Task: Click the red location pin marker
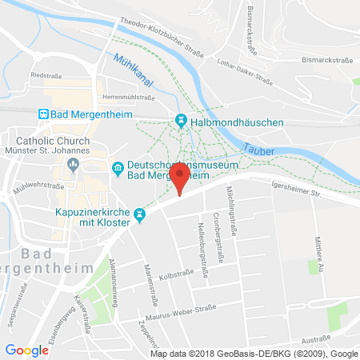(180, 178)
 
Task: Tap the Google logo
(26, 350)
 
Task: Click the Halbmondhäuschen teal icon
(181, 121)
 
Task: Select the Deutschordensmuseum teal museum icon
(118, 167)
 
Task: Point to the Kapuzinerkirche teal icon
(140, 214)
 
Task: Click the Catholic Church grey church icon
(73, 164)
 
